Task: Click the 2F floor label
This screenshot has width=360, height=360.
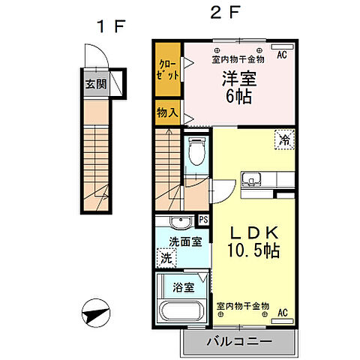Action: (x=218, y=12)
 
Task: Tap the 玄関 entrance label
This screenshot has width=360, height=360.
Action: (x=94, y=82)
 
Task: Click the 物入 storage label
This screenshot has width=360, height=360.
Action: (x=166, y=114)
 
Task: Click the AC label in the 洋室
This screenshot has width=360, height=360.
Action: (x=282, y=55)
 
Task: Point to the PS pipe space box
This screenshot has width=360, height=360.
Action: (x=202, y=220)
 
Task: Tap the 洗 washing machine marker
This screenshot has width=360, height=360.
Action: (x=166, y=256)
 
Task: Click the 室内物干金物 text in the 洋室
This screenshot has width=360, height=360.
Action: (x=238, y=58)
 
